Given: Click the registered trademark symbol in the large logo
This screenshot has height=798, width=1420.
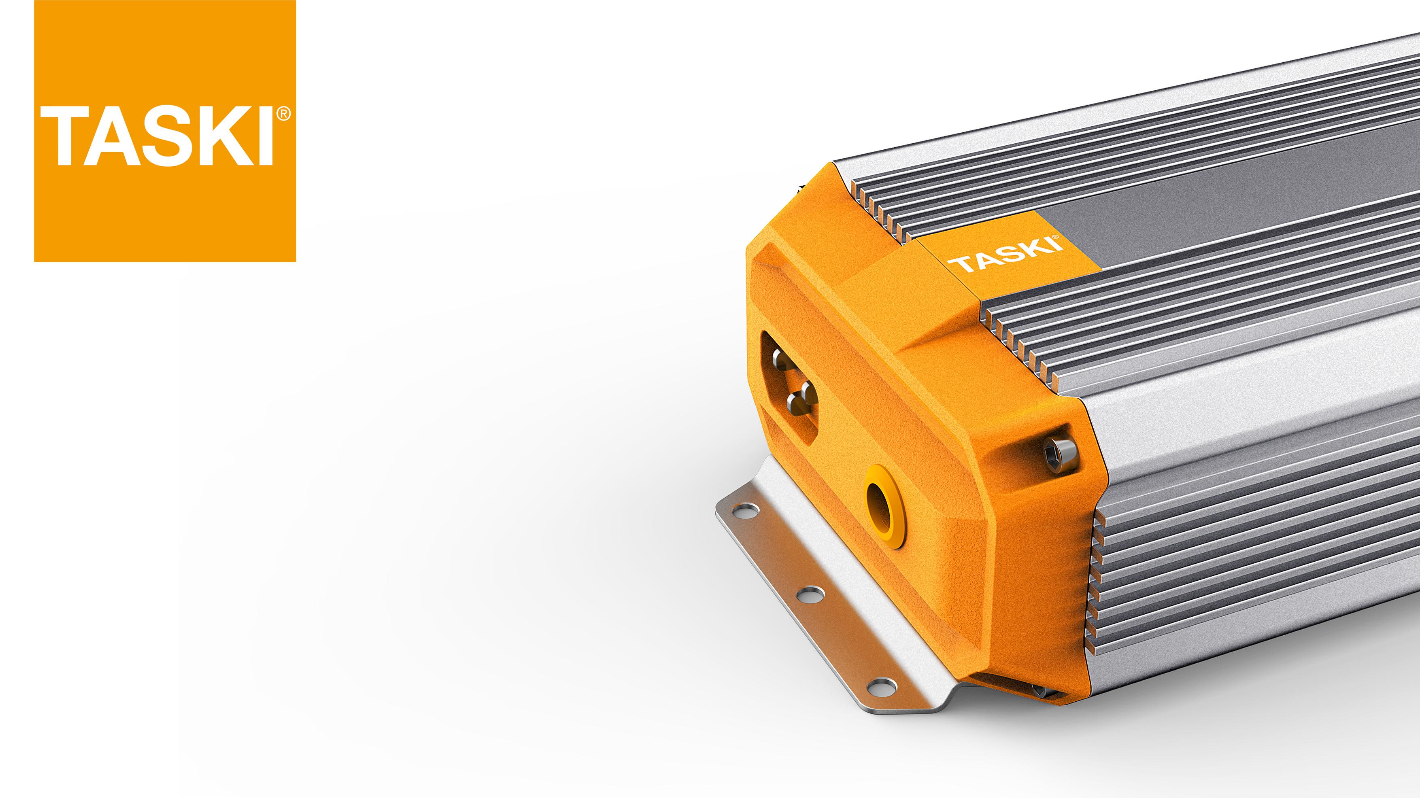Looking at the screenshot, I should click(283, 114).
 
